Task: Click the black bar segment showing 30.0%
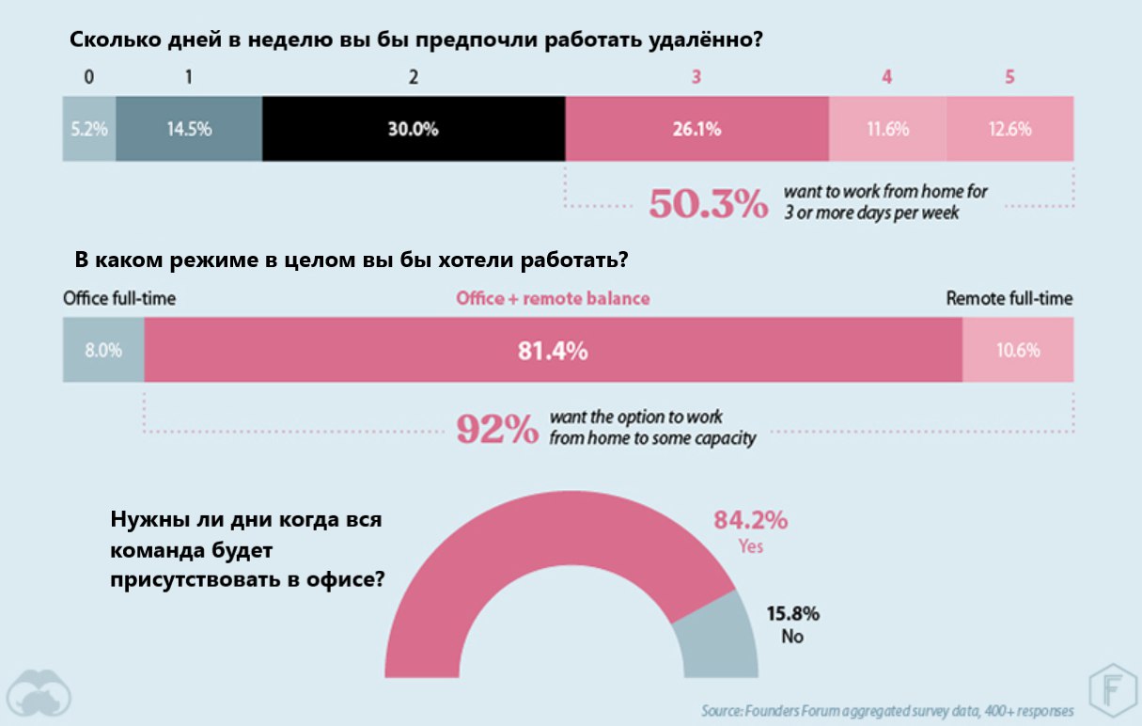414,129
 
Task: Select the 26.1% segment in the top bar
696,129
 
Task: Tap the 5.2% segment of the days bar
89,129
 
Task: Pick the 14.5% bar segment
189,129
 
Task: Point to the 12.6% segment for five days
1009,129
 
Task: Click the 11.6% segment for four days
887,129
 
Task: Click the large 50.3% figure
708,204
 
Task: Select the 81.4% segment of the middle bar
553,350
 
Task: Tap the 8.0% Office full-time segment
103,350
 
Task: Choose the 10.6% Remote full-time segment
1018,350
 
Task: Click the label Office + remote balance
553,299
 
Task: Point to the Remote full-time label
1009,299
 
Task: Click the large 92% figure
496,429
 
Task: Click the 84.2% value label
750,520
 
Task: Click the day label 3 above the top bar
696,78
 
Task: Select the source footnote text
886,709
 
